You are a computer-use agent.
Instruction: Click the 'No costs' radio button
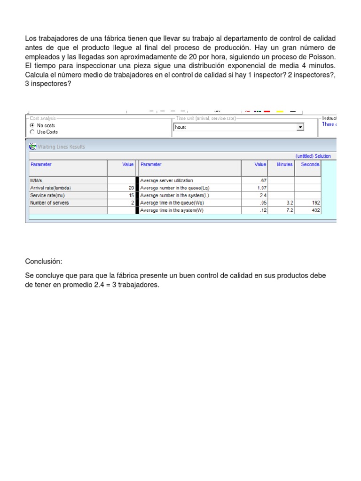pyautogui.click(x=32, y=126)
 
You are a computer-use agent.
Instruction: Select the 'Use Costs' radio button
pyautogui.click(x=32, y=132)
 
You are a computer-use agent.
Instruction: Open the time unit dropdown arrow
pyautogui.click(x=300, y=127)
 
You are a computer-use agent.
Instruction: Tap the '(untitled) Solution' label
pyautogui.click(x=313, y=156)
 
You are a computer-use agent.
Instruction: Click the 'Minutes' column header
pyautogui.click(x=284, y=164)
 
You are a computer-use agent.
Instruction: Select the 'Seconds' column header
pyautogui.click(x=310, y=164)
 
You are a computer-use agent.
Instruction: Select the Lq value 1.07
pyautogui.click(x=261, y=188)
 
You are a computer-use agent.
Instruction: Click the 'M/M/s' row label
pyautogui.click(x=36, y=180)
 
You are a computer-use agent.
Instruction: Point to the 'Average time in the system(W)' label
pyautogui.click(x=172, y=210)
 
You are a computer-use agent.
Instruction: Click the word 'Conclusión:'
pyautogui.click(x=44, y=261)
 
